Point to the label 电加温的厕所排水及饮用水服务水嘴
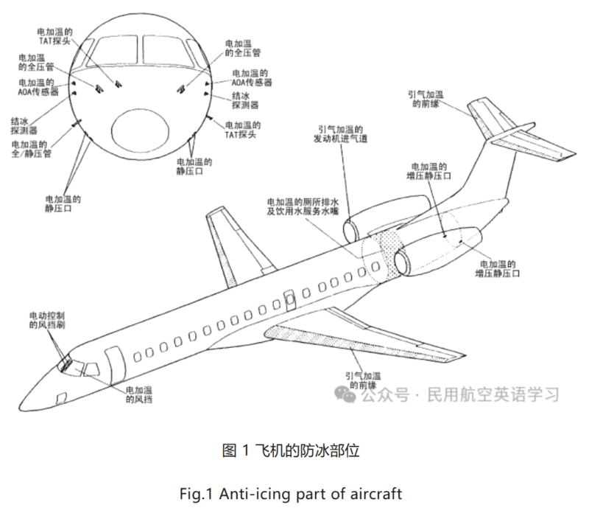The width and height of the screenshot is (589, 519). (x=303, y=204)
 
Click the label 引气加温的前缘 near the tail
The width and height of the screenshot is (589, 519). (x=426, y=99)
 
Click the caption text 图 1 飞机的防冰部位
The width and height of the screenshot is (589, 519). (x=290, y=450)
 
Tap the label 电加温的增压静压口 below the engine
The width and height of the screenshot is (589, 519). (x=497, y=268)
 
